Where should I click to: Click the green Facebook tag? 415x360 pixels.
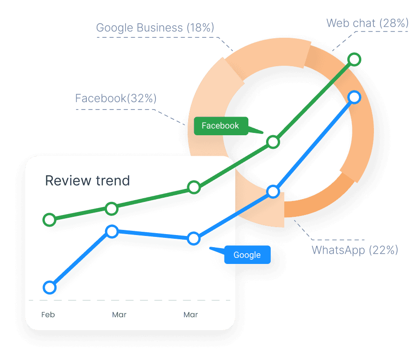point(220,125)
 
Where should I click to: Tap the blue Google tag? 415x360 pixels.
point(247,255)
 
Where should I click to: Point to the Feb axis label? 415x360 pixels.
point(48,315)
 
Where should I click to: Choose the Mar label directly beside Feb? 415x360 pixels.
point(119,315)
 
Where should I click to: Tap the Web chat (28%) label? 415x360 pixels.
point(367,23)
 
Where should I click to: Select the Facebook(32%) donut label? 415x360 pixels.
point(116,98)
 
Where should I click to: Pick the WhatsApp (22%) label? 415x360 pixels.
point(355,250)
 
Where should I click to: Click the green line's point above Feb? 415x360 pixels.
point(49,219)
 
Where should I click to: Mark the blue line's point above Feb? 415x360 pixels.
point(49,288)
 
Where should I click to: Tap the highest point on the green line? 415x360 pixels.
point(354,59)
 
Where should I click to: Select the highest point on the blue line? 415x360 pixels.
point(354,97)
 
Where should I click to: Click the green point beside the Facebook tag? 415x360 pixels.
point(273,142)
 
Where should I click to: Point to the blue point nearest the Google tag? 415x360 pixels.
point(194,239)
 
